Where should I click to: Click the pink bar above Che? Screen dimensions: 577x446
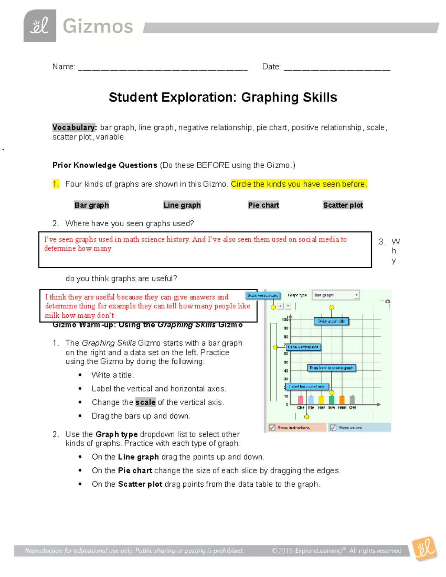click(x=301, y=399)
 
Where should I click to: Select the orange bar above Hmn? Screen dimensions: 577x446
click(x=342, y=399)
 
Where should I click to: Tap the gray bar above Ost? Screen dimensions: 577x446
click(x=352, y=399)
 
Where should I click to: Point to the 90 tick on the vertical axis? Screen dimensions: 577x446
click(x=286, y=328)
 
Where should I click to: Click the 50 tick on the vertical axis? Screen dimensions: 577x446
click(x=286, y=362)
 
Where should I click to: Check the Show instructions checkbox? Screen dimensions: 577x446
click(x=272, y=428)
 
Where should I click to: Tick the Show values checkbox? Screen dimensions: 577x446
click(x=333, y=428)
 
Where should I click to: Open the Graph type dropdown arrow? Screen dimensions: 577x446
click(x=356, y=295)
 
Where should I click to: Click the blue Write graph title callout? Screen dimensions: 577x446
click(x=332, y=321)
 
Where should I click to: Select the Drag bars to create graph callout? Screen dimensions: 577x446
click(x=332, y=368)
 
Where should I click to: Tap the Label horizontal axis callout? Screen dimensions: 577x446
click(x=307, y=386)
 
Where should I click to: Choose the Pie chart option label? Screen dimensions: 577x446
click(x=264, y=205)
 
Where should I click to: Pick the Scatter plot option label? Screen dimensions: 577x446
click(x=343, y=205)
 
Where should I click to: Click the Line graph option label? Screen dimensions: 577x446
click(x=182, y=205)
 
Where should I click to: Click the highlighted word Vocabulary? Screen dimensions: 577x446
click(x=74, y=127)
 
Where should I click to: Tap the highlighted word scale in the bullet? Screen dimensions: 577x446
click(x=145, y=402)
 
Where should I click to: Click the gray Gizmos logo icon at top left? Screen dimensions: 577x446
click(x=40, y=26)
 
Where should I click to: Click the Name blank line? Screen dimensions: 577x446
click(x=163, y=68)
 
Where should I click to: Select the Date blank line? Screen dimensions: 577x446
click(x=337, y=68)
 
